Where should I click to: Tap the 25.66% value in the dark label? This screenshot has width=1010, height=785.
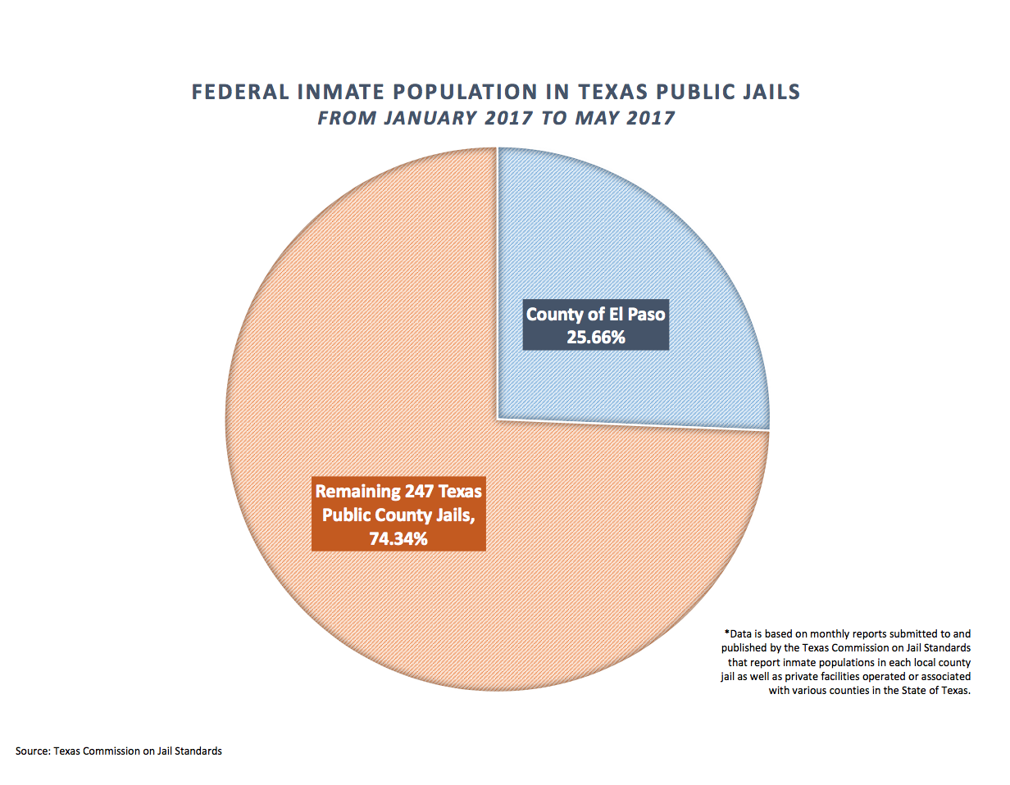pos(596,335)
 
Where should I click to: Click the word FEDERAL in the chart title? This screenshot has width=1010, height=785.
pos(238,92)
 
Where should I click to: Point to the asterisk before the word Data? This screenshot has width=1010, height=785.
pos(726,633)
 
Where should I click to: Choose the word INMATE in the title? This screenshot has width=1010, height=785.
pos(335,92)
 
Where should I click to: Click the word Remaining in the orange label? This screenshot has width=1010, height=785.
pos(357,492)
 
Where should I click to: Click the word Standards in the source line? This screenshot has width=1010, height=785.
pos(199,751)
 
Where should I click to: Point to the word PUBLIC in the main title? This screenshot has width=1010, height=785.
pos(685,92)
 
